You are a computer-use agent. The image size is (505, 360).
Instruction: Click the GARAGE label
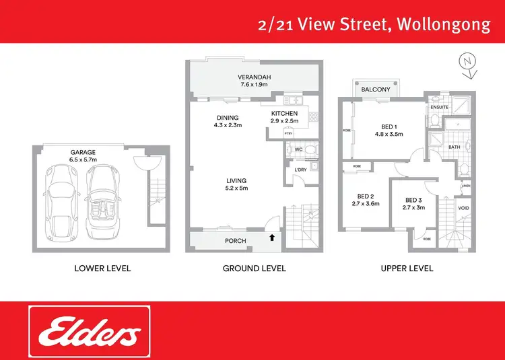pyautogui.click(x=83, y=153)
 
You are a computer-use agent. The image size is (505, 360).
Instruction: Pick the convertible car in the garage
pyautogui.click(x=103, y=203)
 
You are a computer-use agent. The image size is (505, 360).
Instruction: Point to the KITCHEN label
pyautogui.click(x=284, y=113)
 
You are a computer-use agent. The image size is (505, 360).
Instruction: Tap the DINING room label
pyautogui.click(x=227, y=116)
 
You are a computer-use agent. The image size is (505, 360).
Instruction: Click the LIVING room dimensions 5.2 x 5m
pyautogui.click(x=236, y=188)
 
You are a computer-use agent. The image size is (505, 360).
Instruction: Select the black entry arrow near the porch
pyautogui.click(x=272, y=237)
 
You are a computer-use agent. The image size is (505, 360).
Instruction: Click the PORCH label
pyautogui.click(x=235, y=241)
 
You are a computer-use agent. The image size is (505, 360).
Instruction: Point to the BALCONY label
pyautogui.click(x=376, y=89)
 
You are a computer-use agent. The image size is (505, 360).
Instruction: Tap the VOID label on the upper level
pyautogui.click(x=464, y=208)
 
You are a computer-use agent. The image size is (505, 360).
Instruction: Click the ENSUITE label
pyautogui.click(x=441, y=107)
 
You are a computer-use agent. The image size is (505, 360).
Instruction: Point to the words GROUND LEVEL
pyautogui.click(x=255, y=268)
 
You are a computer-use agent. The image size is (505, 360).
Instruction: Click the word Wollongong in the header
pyautogui.click(x=444, y=25)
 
